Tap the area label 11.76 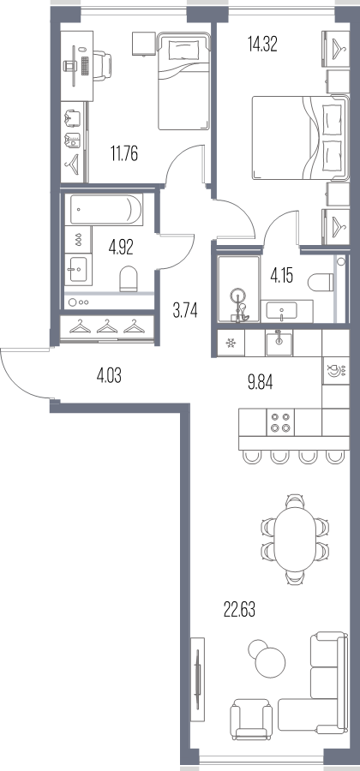[x=124, y=154]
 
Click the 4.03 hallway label [x=109, y=377]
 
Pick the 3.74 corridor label [x=185, y=310]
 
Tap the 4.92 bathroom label [x=121, y=245]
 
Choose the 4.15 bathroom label [x=281, y=276]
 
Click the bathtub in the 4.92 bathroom [x=106, y=210]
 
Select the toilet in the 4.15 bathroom [x=321, y=283]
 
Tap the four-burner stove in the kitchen [x=280, y=422]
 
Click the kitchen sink [x=279, y=343]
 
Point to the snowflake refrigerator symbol [x=231, y=343]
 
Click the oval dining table [x=295, y=540]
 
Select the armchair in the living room [x=251, y=720]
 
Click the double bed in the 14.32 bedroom [x=301, y=138]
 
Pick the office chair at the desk [x=102, y=64]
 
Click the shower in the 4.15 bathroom [x=238, y=290]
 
